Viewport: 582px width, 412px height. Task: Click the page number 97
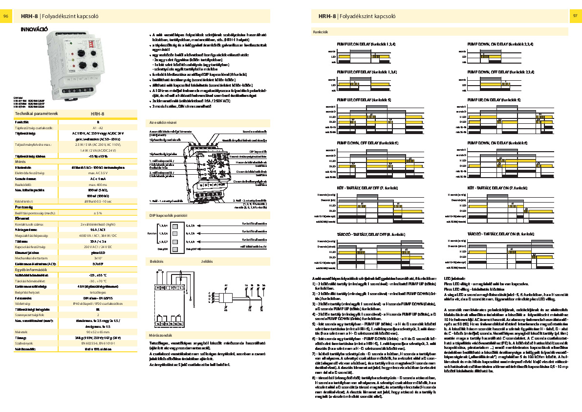coord(575,16)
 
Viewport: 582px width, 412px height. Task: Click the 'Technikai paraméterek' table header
coord(40,113)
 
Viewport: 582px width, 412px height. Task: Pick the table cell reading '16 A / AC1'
coord(99,229)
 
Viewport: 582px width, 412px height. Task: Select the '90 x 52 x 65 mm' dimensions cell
coord(99,331)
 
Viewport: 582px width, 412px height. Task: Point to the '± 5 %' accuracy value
coord(99,213)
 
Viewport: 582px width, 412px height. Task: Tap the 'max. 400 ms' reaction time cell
coord(99,184)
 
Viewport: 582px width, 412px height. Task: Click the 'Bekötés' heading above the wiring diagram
coord(156,262)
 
